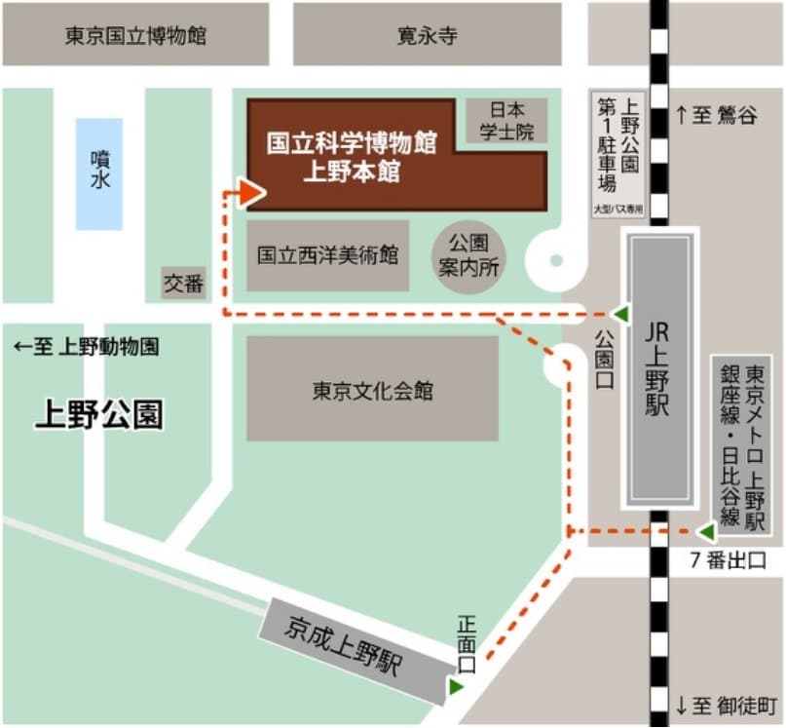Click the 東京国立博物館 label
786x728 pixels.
point(135,36)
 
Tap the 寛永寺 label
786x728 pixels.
point(427,36)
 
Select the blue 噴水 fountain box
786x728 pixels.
point(99,173)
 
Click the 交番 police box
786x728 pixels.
point(183,284)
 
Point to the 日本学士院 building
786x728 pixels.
point(506,121)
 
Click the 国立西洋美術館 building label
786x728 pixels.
point(327,255)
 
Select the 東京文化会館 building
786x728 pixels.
point(372,390)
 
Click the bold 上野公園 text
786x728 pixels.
point(99,415)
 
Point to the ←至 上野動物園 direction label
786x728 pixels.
point(87,347)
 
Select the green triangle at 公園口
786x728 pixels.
point(619,314)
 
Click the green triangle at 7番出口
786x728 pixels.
point(705,532)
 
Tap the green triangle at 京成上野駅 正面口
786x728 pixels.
point(455,687)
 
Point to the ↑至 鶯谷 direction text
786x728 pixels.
point(716,115)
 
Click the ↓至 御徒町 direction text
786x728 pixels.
point(726,704)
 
